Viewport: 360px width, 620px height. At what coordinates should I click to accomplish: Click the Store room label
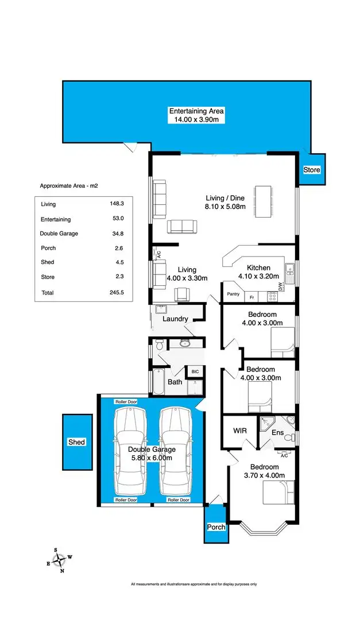coord(312,170)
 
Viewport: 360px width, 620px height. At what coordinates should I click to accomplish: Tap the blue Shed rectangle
coord(77,441)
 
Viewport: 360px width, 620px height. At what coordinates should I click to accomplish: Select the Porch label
coord(216,527)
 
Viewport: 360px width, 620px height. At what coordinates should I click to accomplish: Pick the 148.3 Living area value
coord(116,204)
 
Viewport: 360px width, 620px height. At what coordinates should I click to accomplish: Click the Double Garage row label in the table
coord(59,234)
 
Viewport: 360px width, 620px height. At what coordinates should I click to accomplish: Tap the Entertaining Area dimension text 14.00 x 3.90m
coord(196,120)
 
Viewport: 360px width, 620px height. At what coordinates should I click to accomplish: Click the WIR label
coord(240,430)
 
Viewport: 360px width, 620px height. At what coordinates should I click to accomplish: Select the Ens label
coord(277,432)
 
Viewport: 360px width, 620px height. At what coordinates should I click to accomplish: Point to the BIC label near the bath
coord(195,371)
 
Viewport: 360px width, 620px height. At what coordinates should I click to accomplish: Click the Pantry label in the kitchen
coord(233,294)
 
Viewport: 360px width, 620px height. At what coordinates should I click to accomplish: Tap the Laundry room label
coord(175,319)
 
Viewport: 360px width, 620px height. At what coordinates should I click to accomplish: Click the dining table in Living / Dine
coord(263,201)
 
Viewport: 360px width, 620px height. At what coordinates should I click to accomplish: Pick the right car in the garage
coord(175,450)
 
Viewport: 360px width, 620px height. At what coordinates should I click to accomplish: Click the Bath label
coord(175,382)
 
